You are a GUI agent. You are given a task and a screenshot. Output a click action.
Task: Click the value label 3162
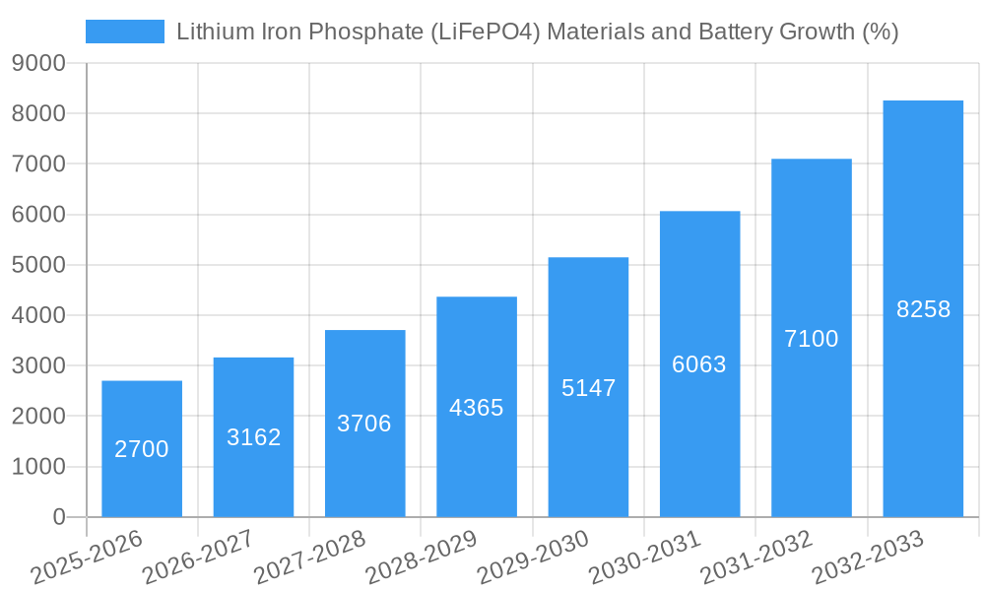pos(254,437)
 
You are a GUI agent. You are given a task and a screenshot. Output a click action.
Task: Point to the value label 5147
pos(588,388)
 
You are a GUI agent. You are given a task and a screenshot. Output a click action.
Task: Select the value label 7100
pos(812,339)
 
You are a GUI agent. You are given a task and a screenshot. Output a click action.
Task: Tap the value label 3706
pos(364,424)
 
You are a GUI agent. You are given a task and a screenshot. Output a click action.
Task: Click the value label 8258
pos(923,309)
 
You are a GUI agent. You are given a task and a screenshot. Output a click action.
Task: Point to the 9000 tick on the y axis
pos(38,64)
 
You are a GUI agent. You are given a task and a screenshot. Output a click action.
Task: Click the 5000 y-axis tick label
pos(38,265)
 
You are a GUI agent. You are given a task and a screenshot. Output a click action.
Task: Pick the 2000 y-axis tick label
pos(38,417)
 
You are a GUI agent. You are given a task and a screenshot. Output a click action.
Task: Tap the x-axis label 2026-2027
pos(198,558)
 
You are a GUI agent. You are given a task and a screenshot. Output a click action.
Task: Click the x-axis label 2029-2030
pos(533,558)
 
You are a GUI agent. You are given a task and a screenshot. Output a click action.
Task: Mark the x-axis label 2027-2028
pos(309,558)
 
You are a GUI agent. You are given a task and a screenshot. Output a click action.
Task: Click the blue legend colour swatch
pos(125,32)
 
